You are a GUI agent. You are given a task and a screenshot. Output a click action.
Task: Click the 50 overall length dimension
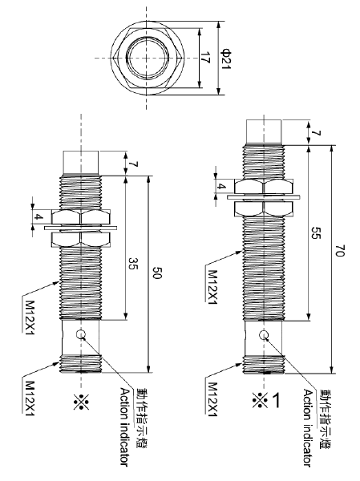[158, 275]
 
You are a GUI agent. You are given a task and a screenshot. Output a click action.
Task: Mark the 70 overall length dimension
[340, 250]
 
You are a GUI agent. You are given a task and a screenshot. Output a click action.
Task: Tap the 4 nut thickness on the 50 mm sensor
[37, 217]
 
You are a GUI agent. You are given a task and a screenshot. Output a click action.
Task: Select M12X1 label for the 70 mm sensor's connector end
[212, 395]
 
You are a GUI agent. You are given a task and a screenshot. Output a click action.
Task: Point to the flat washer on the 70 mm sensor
[262, 195]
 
